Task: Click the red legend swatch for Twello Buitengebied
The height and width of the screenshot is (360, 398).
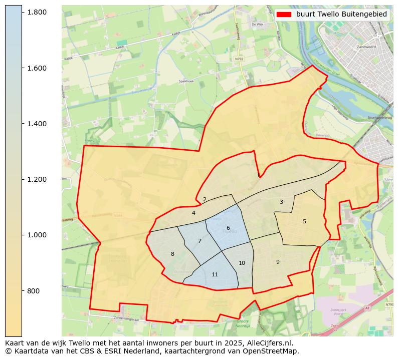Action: [x=284, y=15]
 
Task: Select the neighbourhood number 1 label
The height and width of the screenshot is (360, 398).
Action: [x=258, y=175]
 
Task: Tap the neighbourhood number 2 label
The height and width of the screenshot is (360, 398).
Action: [x=205, y=199]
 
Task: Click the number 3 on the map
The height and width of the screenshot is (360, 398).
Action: [x=281, y=202]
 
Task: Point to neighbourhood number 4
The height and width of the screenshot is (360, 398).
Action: [x=193, y=213]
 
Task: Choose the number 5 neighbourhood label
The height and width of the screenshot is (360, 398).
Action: [x=304, y=221]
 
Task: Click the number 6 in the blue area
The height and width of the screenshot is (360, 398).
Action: [x=228, y=228]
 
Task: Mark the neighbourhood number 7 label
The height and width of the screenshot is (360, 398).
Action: [x=200, y=241]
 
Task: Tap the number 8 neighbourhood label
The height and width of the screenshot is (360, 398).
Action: [x=172, y=254]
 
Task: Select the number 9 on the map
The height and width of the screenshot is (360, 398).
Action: [x=278, y=262]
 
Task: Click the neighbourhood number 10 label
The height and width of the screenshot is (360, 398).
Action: [x=242, y=263]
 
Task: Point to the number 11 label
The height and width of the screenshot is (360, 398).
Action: [x=215, y=274]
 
